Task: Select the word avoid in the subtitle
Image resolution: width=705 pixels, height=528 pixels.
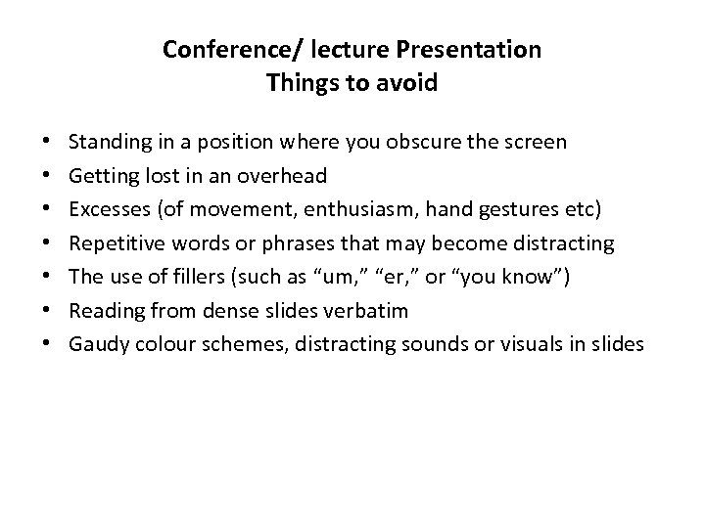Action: point(408,83)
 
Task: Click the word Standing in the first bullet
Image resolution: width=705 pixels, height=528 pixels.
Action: point(111,142)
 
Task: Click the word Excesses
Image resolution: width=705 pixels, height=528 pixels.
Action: point(110,208)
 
